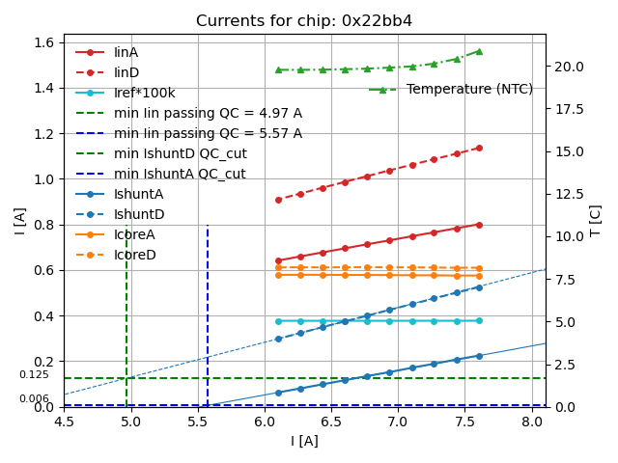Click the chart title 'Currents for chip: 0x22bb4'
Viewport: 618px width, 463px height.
tap(304, 21)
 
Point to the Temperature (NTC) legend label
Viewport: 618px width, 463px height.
tap(469, 89)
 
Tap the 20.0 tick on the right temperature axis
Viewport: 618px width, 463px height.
tap(567, 67)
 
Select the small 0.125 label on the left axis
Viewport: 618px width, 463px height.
tap(34, 375)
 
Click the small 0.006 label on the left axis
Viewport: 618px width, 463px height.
tap(34, 399)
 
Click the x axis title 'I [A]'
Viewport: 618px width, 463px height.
tap(304, 441)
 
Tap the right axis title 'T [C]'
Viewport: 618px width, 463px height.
tap(595, 221)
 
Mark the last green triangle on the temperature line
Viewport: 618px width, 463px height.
tap(479, 51)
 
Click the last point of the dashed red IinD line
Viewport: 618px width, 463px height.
tap(479, 148)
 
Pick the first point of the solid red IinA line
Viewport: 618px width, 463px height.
tap(278, 260)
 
